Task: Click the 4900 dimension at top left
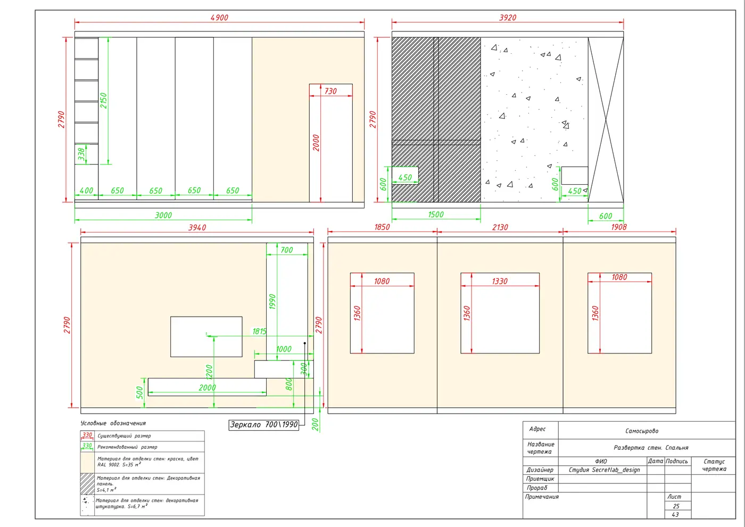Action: tap(219, 17)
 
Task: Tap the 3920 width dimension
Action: tap(508, 17)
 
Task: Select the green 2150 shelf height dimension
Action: tap(103, 101)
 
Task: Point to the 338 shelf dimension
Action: tap(81, 154)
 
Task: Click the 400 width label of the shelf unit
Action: tap(86, 191)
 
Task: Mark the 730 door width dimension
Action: tap(330, 91)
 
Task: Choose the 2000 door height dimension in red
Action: tap(316, 143)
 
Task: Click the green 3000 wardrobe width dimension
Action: tap(163, 215)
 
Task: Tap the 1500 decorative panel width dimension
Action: tap(436, 214)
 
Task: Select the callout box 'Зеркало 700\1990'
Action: tap(264, 425)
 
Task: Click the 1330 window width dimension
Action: tap(500, 281)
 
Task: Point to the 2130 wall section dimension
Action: tap(500, 227)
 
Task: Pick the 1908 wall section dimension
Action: tap(618, 227)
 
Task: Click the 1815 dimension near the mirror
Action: tap(259, 331)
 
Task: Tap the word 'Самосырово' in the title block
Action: tap(642, 431)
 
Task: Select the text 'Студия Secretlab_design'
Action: tap(604, 470)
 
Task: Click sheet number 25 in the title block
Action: tap(676, 506)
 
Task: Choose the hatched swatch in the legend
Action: tap(87, 484)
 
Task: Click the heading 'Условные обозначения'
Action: tap(113, 423)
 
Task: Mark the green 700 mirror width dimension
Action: tap(286, 250)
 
